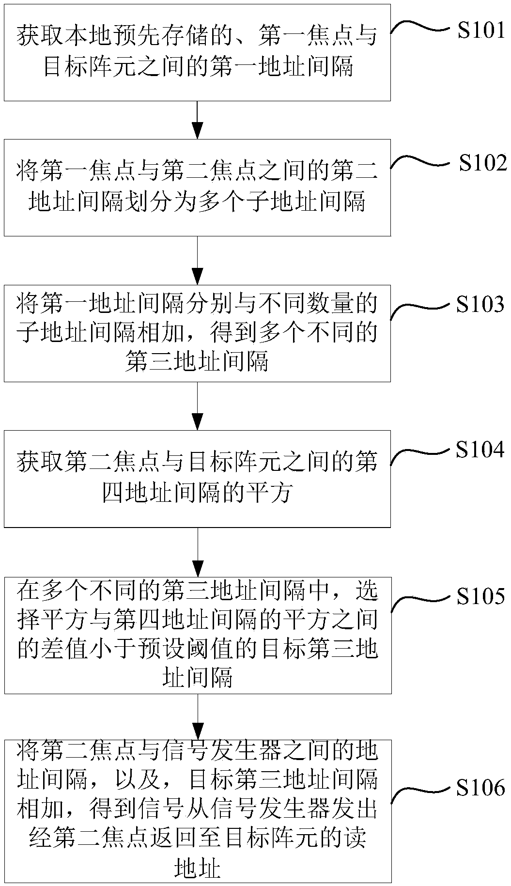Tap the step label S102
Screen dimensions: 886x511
pyautogui.click(x=482, y=163)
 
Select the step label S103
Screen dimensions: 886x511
pyautogui.click(x=480, y=305)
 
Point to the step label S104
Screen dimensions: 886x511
pyautogui.click(x=480, y=451)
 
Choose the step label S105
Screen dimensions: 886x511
pyautogui.click(x=480, y=596)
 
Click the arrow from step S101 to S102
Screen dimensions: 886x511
pyautogui.click(x=197, y=120)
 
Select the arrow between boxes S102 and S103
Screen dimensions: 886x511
pyautogui.click(x=197, y=261)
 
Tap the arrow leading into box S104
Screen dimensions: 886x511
pyautogui.click(x=197, y=406)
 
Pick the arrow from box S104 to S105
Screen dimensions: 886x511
pyautogui.click(x=197, y=552)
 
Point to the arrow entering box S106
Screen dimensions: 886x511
pyautogui.click(x=197, y=717)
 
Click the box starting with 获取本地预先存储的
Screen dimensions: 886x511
pyautogui.click(x=197, y=52)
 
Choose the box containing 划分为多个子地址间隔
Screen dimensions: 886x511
pyautogui.click(x=197, y=187)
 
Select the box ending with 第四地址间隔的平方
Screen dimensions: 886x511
pyautogui.click(x=197, y=478)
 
